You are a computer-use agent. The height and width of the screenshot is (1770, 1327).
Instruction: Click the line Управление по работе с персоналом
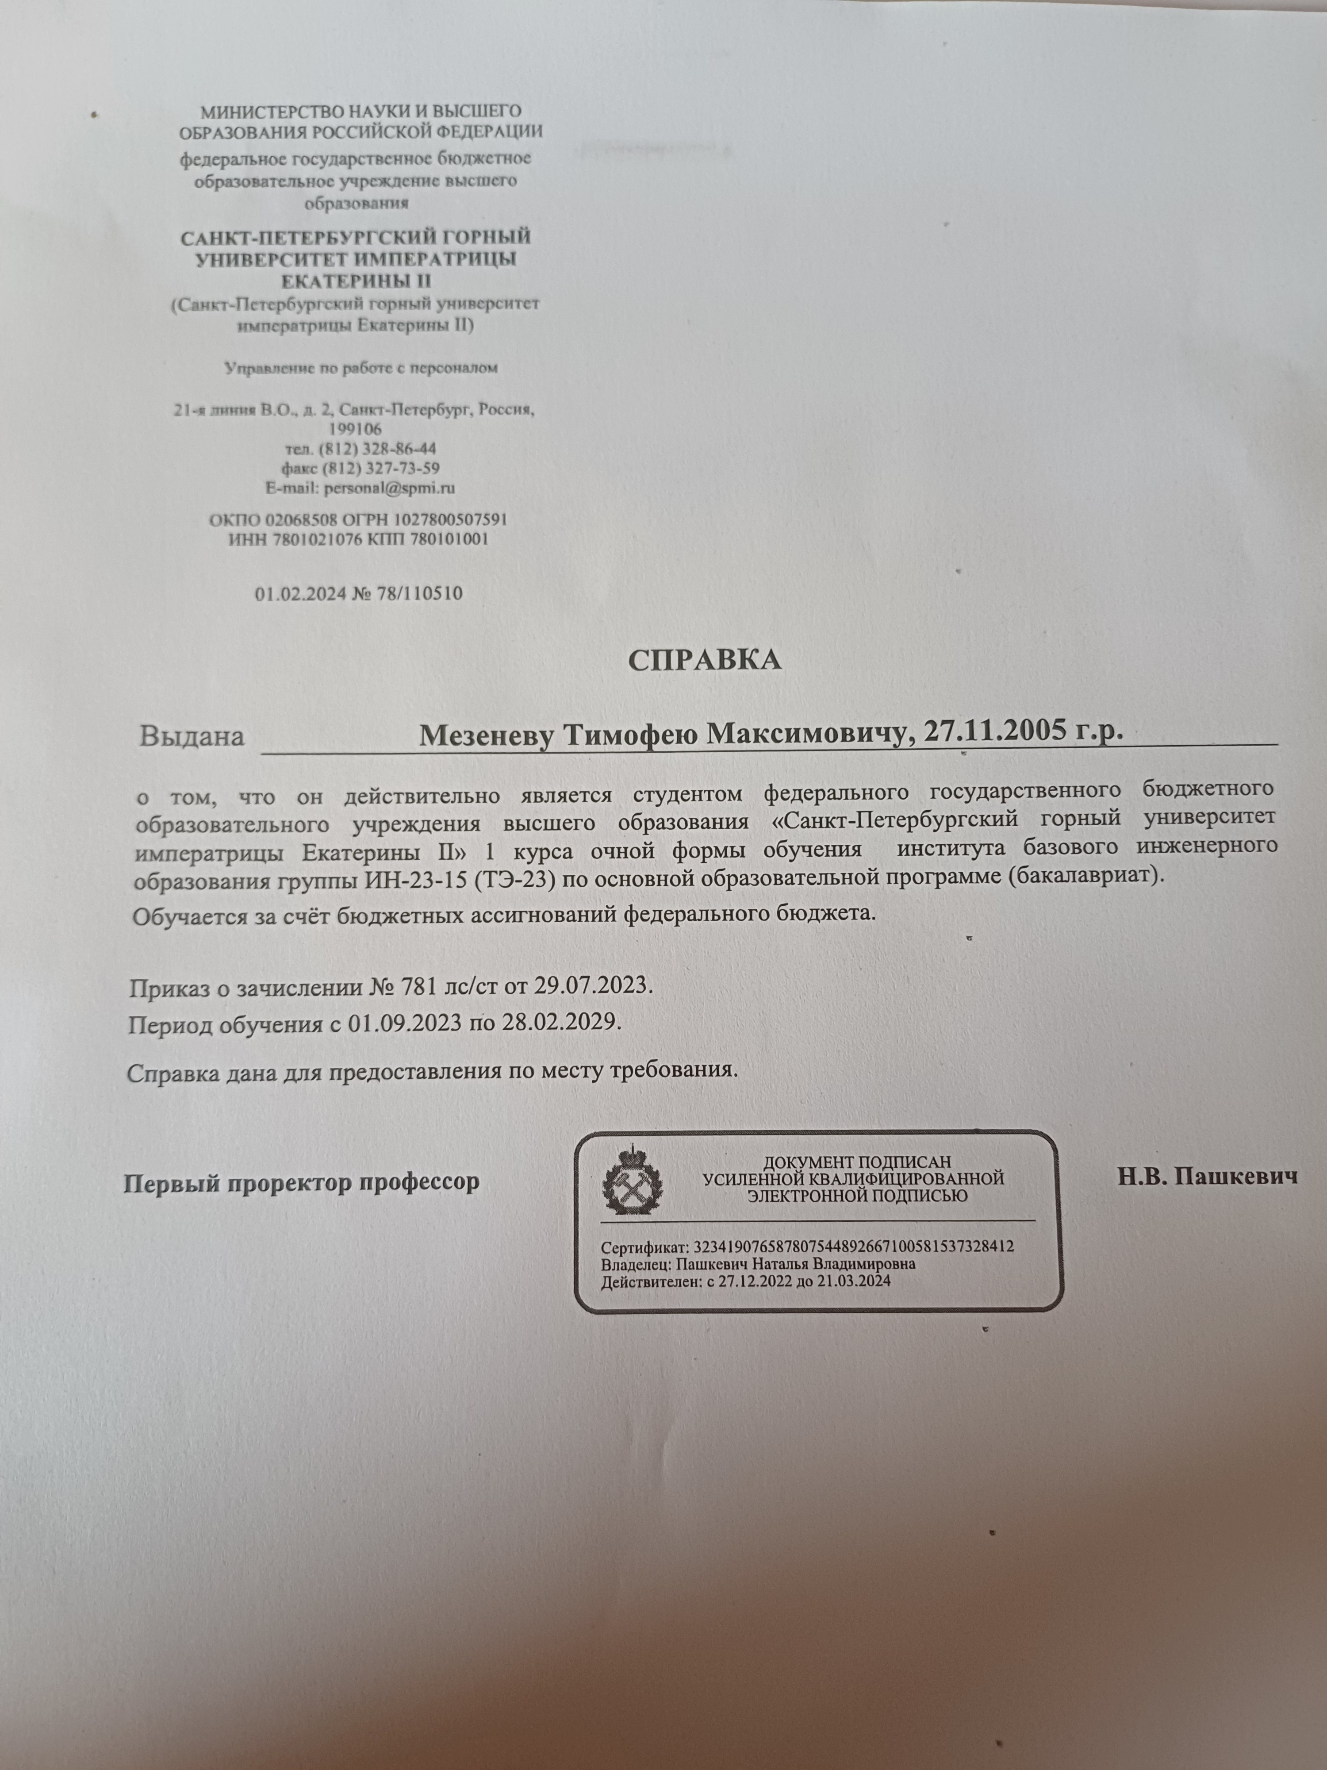point(361,369)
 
